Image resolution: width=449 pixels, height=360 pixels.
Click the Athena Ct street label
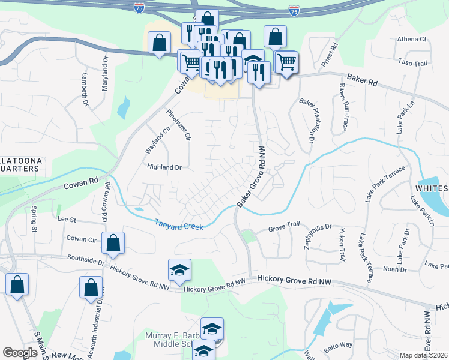[x=411, y=40]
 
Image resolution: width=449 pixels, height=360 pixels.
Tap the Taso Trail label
[x=412, y=62]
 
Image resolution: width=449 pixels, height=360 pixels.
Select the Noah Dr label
[x=394, y=269]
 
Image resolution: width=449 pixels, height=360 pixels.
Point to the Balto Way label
[x=339, y=344]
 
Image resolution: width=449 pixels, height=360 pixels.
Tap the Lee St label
[x=67, y=220]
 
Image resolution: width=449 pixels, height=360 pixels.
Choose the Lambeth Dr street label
[x=85, y=91]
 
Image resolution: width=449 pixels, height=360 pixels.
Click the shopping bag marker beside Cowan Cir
[x=113, y=243]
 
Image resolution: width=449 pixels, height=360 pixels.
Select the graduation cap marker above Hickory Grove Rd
[x=179, y=270]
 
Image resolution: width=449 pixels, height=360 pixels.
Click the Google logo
[x=20, y=353]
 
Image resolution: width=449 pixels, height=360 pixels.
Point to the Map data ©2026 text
[x=423, y=355]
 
